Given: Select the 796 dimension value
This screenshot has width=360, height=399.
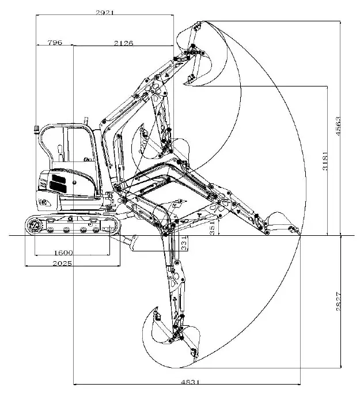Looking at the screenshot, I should [54, 42].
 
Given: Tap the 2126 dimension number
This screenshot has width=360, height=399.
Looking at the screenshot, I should [123, 42].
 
